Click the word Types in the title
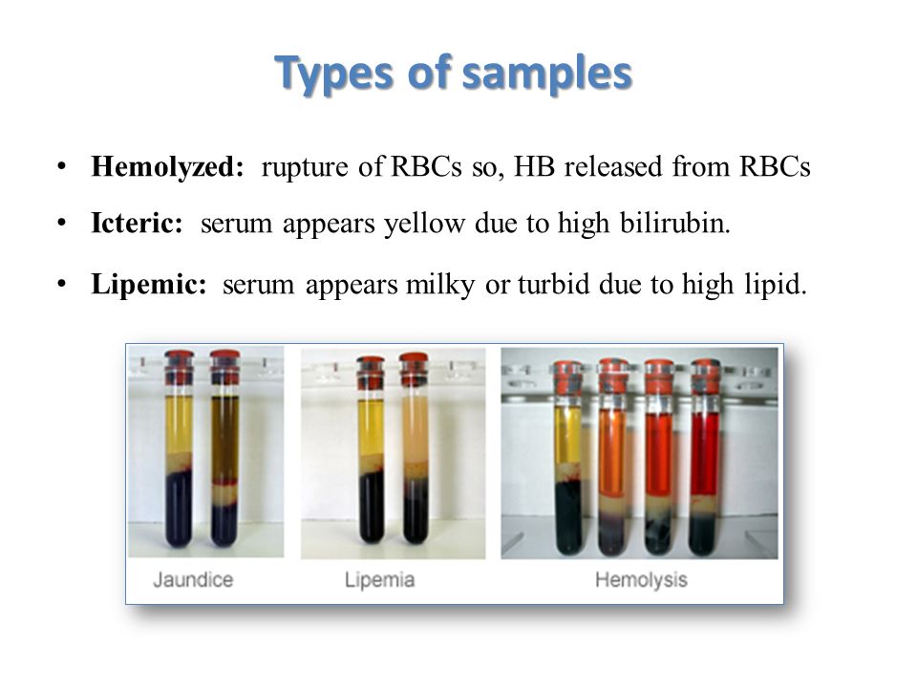point(334,74)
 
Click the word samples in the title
point(547,75)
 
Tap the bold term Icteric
point(137,223)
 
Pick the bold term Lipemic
point(149,285)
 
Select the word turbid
point(553,285)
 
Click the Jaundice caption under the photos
point(193,580)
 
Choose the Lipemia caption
point(379,580)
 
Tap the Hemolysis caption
point(641,580)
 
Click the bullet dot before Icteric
point(61,224)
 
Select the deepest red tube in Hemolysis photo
point(704,457)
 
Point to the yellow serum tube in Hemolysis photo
point(567,458)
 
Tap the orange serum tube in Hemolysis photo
point(613,457)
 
